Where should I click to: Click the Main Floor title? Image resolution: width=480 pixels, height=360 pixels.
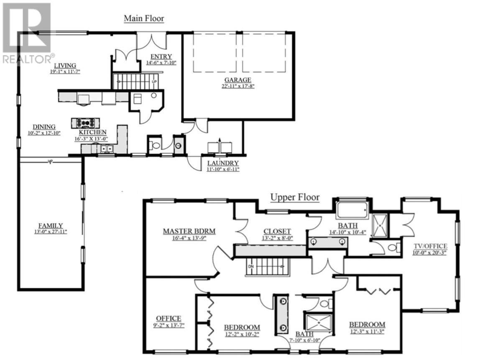point(143,18)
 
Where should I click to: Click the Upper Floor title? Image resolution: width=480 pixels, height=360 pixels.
point(295,197)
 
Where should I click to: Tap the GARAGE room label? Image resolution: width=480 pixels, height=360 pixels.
point(237,80)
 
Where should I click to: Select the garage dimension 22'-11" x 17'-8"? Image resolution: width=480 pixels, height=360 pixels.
point(237,86)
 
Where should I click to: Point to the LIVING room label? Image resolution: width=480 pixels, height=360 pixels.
point(64,65)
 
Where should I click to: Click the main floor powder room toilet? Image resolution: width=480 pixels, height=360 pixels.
point(156,146)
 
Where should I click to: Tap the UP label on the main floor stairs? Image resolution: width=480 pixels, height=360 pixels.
point(154,82)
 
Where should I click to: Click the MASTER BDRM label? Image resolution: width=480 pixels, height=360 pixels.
point(189,231)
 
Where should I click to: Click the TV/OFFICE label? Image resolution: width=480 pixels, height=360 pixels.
point(431,246)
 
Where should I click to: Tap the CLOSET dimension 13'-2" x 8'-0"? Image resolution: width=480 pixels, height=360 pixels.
point(277,238)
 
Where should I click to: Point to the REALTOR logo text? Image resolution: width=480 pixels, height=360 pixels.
point(28,59)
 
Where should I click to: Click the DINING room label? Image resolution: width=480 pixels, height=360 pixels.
point(44,127)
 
